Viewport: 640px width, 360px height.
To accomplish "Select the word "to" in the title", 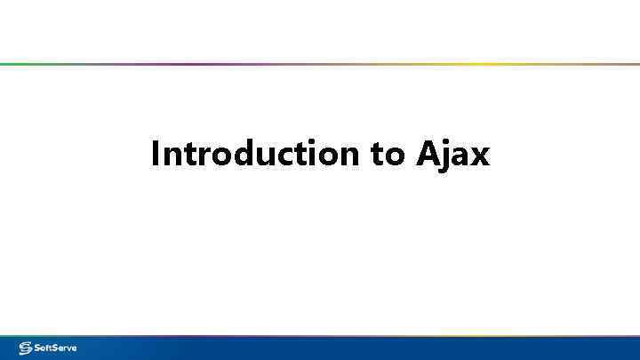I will tap(388, 155).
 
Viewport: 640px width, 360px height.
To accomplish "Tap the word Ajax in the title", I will tap(452, 155).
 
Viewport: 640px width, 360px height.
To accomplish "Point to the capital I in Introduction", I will tap(156, 155).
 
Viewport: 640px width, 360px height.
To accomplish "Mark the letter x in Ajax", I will tap(479, 156).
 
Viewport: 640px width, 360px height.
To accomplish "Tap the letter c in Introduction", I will tap(278, 156).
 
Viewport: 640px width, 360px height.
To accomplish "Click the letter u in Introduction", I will tap(260, 156).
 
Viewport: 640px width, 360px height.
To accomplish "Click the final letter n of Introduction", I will tap(348, 156).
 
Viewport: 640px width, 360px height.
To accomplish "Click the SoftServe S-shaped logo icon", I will tap(25, 348).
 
